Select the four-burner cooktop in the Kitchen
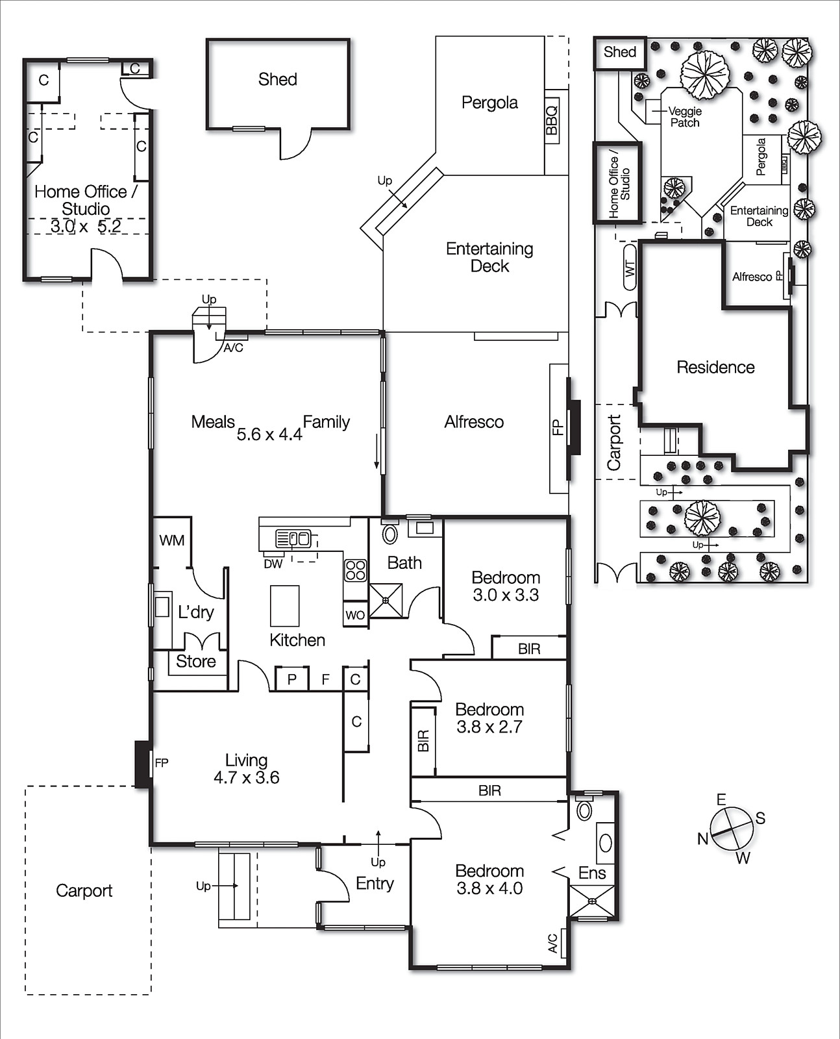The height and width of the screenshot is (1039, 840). point(355,570)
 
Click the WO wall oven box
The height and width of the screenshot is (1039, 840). point(355,614)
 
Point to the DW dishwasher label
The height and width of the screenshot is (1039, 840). point(273,564)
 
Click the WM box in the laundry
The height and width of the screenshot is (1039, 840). point(172,540)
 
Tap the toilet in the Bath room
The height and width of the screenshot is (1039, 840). point(389,534)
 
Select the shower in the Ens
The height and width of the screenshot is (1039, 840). point(592,901)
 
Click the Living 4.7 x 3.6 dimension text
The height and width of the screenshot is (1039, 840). point(246,777)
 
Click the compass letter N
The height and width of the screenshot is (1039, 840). point(702,839)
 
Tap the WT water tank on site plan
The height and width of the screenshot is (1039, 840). point(630,267)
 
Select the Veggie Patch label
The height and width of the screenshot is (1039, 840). point(685,117)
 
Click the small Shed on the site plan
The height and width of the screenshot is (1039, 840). point(620,53)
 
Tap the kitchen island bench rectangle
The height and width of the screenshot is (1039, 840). point(285,605)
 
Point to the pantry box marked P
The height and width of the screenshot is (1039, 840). point(292,679)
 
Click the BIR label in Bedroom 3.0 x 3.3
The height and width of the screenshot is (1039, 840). point(529,648)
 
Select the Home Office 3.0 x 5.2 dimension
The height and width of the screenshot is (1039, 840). point(86,227)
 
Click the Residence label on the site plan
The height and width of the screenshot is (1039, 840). point(715,368)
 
